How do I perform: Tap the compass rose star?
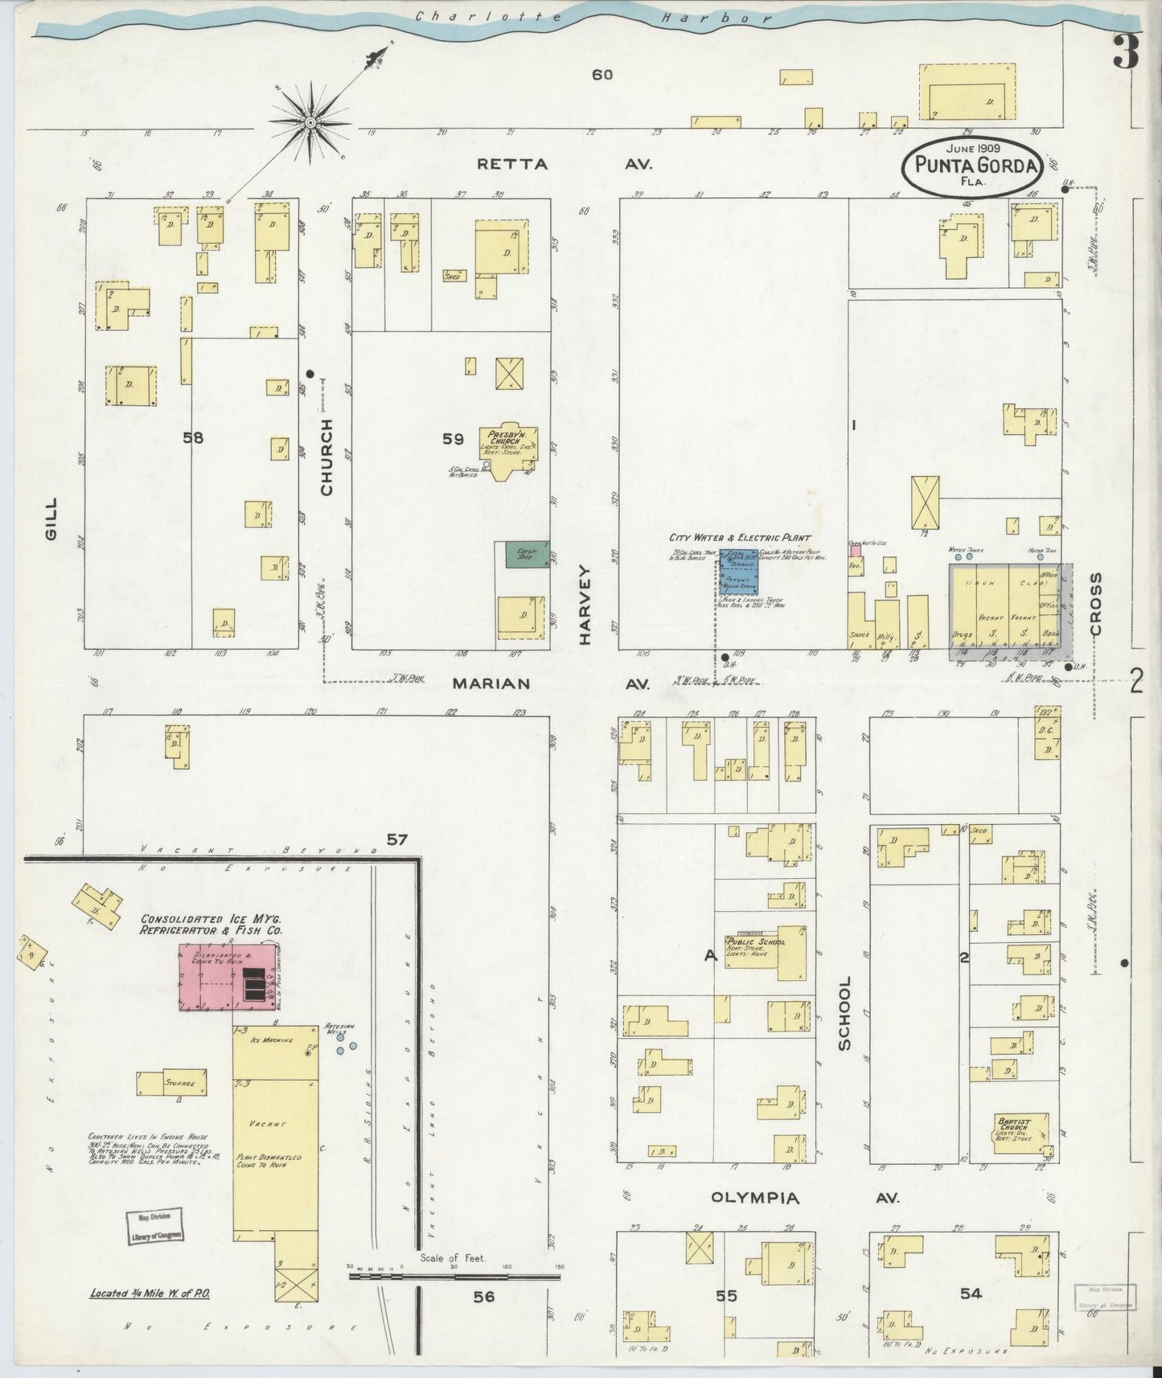[310, 123]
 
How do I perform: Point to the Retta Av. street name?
[563, 164]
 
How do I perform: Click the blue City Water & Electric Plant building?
[737, 572]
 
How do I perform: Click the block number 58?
[193, 438]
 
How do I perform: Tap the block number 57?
[396, 840]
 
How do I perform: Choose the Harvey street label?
[585, 603]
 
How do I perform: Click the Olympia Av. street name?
[804, 1198]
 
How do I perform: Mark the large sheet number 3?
[1126, 54]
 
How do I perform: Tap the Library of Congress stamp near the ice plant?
[154, 1226]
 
